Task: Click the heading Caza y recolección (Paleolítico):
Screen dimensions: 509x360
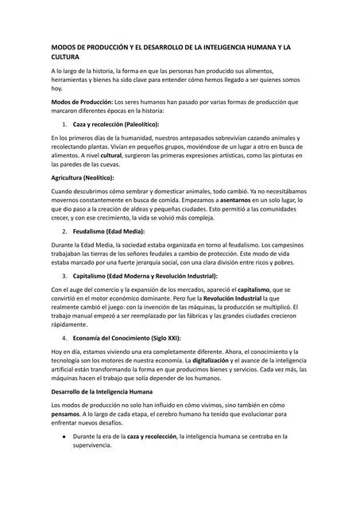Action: coord(115,125)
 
